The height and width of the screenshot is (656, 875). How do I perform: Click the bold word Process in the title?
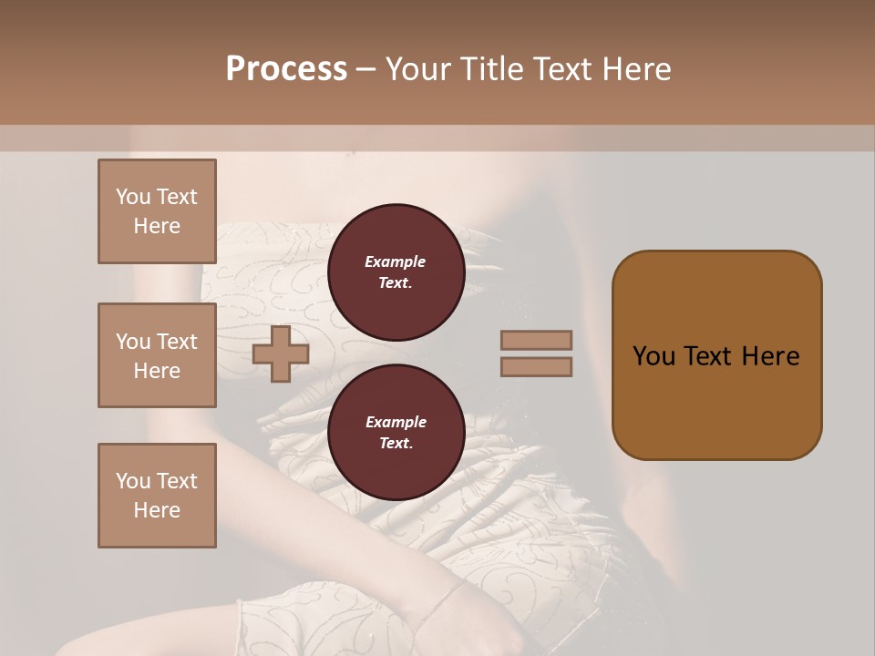(x=286, y=69)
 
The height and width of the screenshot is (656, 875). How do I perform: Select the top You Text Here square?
(x=157, y=211)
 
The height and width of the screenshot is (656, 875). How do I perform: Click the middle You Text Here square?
(x=157, y=355)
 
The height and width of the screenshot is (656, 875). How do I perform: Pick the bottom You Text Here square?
(x=157, y=496)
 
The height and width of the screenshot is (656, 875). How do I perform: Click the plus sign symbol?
(x=281, y=354)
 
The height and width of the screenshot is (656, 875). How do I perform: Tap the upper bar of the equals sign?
(x=537, y=341)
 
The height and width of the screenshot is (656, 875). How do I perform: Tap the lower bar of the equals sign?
(x=537, y=367)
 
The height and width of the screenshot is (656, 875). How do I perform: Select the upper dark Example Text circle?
(x=396, y=272)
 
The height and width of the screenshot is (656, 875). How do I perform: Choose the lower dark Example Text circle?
(x=396, y=433)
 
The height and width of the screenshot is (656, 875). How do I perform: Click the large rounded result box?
(x=716, y=355)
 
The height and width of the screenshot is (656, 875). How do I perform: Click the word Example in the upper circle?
(x=396, y=261)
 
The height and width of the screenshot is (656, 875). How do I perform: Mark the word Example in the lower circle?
(x=396, y=422)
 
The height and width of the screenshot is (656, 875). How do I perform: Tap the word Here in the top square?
(x=157, y=226)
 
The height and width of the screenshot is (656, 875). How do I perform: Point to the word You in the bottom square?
(x=133, y=480)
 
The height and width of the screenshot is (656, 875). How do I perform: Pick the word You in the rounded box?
(x=654, y=356)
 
